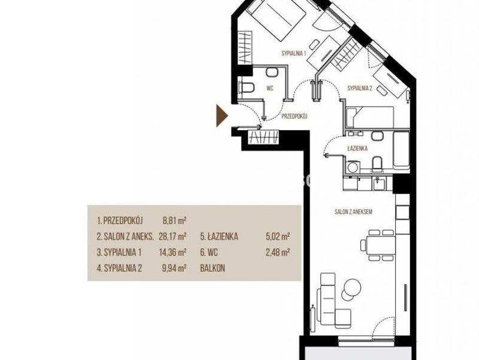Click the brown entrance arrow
[222, 116]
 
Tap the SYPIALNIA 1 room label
[293, 53]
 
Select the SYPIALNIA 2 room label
[360, 88]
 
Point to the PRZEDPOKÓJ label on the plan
[294, 116]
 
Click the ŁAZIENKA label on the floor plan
[357, 148]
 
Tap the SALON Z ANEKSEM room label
[353, 212]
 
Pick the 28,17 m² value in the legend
[172, 236]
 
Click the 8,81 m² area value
[175, 220]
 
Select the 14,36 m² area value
[172, 252]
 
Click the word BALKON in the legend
[213, 268]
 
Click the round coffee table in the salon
[353, 287]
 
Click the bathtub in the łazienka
[401, 150]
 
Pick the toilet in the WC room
[247, 87]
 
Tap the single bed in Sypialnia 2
[370, 116]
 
